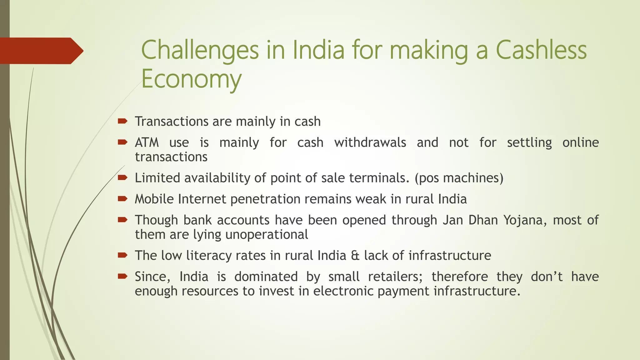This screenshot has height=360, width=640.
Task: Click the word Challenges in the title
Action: click(x=200, y=51)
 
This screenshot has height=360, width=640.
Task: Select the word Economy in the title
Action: click(x=191, y=79)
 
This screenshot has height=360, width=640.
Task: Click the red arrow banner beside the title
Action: click(x=41, y=51)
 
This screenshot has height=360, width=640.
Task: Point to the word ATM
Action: click(x=147, y=143)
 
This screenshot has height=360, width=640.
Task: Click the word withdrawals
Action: click(x=370, y=143)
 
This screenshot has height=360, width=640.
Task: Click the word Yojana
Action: click(x=525, y=220)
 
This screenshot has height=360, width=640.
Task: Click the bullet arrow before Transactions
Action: click(x=122, y=121)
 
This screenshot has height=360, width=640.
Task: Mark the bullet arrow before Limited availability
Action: click(x=122, y=177)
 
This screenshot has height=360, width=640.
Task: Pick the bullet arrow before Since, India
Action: click(x=122, y=276)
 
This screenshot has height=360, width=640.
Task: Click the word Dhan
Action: click(x=483, y=220)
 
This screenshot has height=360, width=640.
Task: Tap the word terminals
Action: click(x=379, y=178)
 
